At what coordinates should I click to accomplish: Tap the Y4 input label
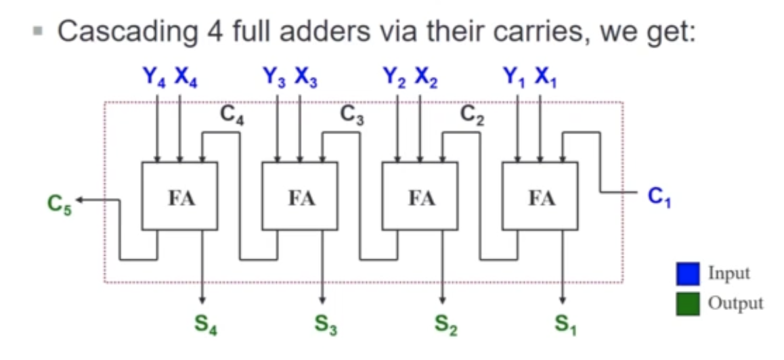click(154, 78)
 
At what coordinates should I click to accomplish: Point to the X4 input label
click(186, 78)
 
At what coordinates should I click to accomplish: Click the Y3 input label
click(274, 78)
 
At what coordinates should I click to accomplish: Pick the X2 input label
click(427, 78)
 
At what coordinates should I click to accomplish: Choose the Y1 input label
click(515, 78)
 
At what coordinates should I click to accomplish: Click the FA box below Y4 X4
click(179, 196)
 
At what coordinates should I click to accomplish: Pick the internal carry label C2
click(472, 116)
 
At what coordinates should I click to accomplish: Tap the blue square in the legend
click(687, 274)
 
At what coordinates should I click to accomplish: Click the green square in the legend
click(687, 303)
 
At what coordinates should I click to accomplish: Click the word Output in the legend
click(735, 303)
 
